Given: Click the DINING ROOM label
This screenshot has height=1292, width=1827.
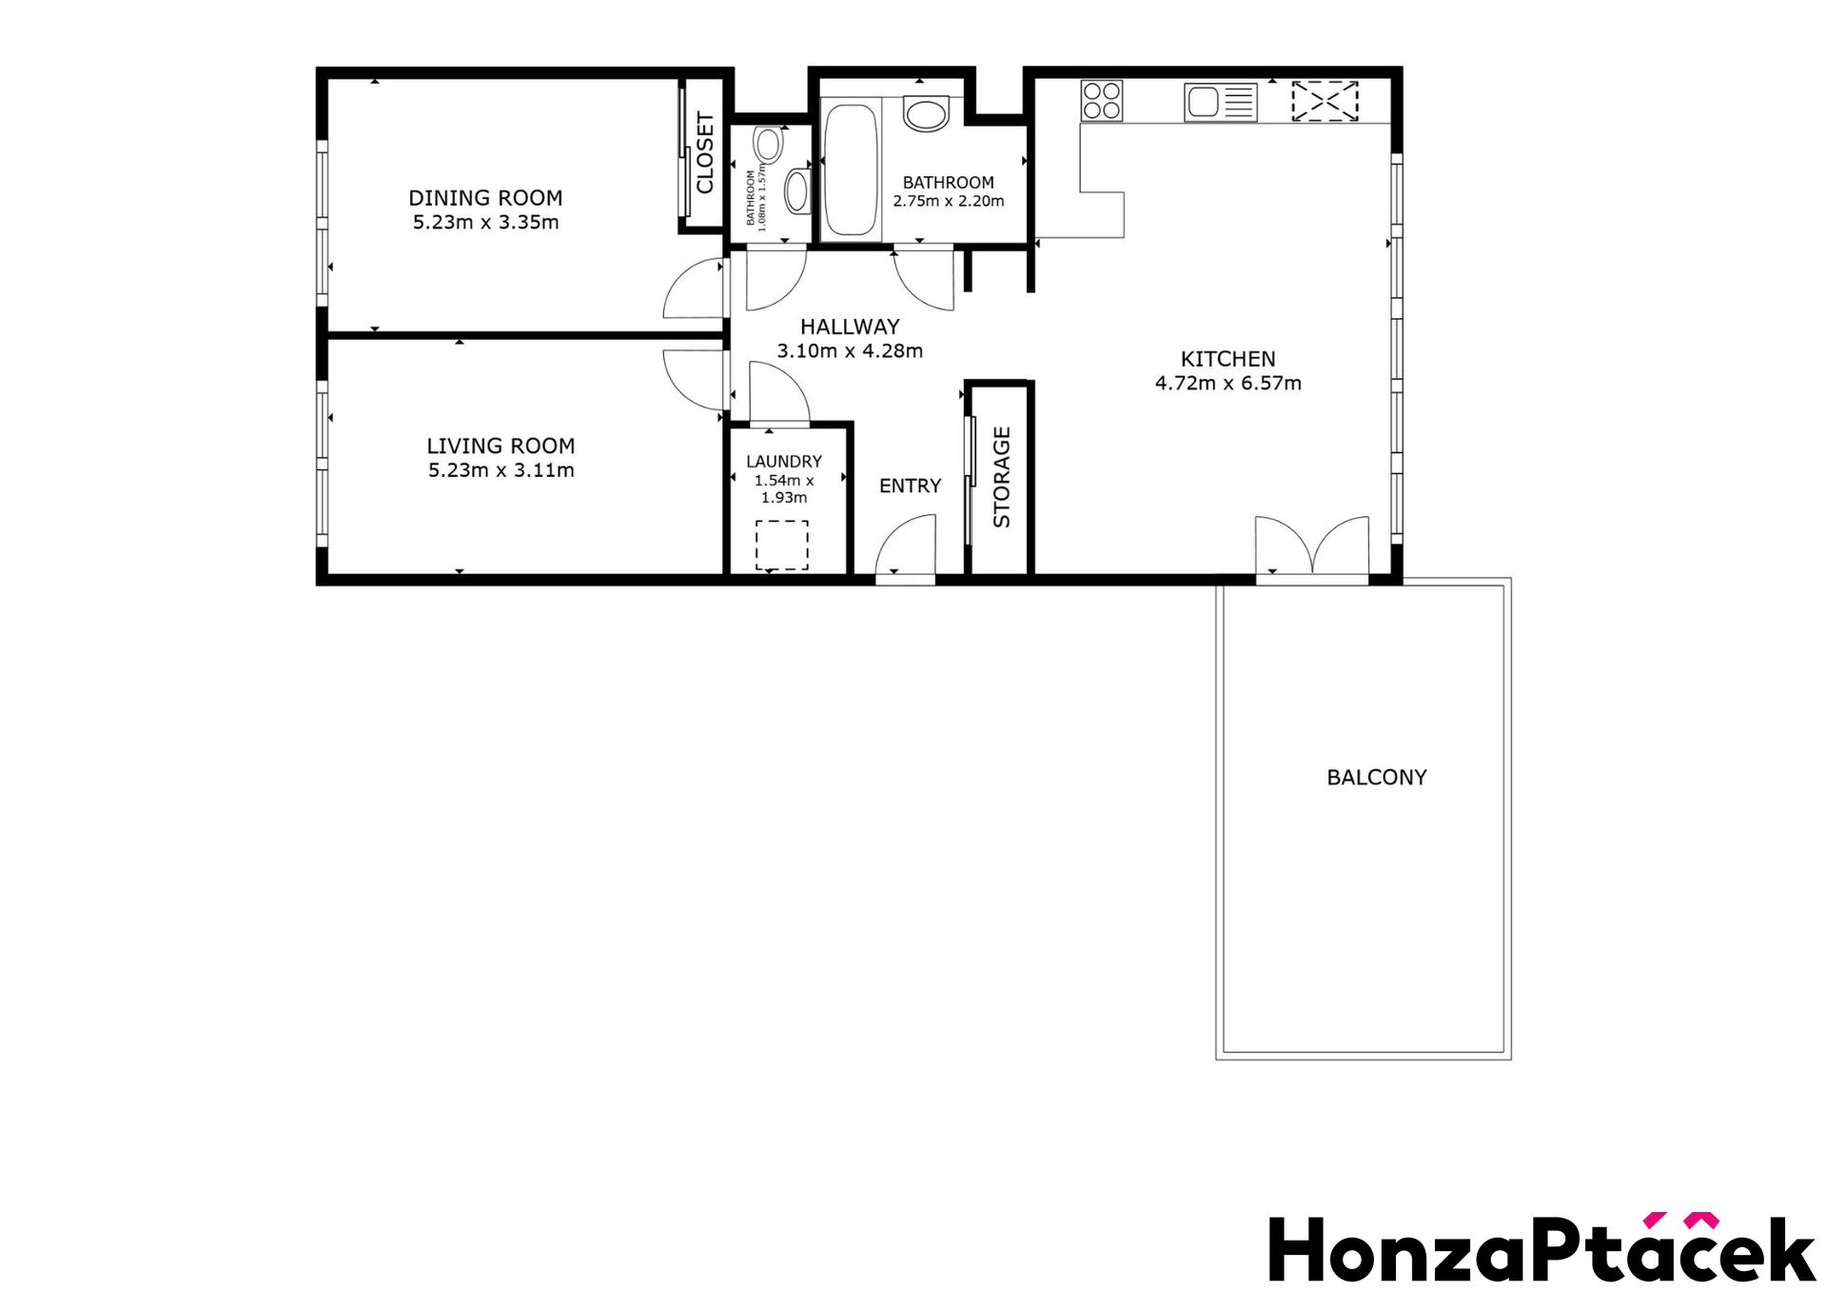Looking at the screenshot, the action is [x=485, y=198].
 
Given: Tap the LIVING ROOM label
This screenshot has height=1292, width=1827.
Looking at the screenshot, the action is [x=501, y=446].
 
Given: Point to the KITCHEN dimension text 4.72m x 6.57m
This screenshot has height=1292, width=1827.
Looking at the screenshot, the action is [x=1228, y=383].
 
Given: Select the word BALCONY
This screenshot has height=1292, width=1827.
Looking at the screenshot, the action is [x=1377, y=778].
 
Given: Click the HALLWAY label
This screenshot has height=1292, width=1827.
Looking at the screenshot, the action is [x=850, y=327].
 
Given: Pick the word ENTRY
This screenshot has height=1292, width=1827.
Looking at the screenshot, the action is [x=910, y=486].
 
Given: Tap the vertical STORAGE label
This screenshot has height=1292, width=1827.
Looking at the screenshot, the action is [x=1002, y=477].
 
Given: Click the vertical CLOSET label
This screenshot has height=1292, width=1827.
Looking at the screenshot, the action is [x=705, y=152].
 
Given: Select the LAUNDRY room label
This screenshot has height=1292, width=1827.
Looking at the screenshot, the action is [x=784, y=462].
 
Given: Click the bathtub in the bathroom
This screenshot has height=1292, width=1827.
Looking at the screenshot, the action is [x=850, y=169].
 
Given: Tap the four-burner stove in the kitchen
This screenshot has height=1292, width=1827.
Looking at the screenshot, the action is [x=1102, y=100].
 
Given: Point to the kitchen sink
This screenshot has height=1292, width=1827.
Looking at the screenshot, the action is [x=1221, y=102].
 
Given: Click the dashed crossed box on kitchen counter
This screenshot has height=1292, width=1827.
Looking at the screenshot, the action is [x=1325, y=101].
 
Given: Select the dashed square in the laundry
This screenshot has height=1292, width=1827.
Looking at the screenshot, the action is [x=782, y=545].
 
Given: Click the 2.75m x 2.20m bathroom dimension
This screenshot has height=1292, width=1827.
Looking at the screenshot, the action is [x=949, y=201].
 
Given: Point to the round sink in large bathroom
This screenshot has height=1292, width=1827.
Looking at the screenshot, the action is [x=926, y=114].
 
